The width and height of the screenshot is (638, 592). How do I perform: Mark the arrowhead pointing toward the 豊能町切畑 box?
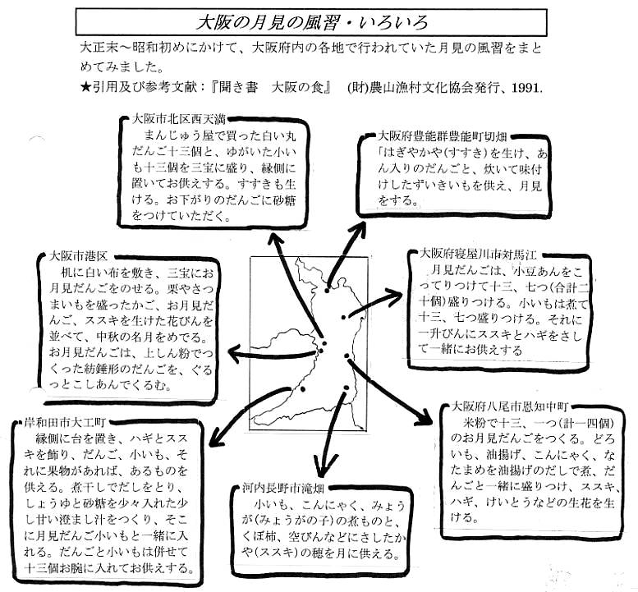[x=360, y=225]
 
